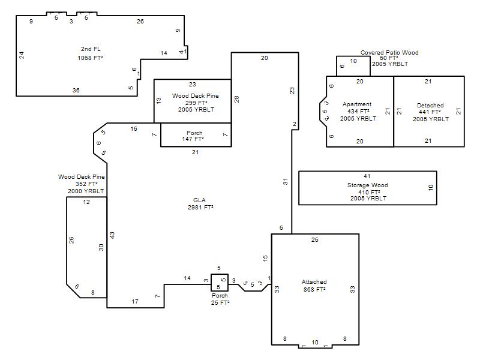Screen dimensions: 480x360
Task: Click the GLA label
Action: point(199,200)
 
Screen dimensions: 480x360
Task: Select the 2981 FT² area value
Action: point(200,207)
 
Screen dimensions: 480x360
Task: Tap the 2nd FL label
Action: point(91,49)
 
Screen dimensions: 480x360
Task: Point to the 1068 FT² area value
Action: point(90,58)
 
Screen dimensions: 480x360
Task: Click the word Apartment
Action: point(357,104)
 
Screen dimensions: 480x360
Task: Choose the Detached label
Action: point(430,106)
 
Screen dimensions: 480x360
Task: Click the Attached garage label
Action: point(314,281)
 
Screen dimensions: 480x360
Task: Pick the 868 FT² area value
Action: point(314,289)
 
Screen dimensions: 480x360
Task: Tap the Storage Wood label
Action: point(368,185)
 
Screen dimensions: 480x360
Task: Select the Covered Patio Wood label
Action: point(389,53)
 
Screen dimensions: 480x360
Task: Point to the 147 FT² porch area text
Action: point(193,139)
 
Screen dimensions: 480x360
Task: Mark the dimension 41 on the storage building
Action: point(367,176)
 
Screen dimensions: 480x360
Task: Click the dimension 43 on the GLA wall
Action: point(112,235)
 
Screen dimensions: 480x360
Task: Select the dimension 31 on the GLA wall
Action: point(286,182)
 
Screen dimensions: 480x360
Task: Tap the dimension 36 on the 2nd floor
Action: point(76,91)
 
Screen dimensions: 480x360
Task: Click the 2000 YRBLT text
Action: point(86,191)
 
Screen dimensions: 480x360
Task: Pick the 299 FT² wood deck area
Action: point(196,103)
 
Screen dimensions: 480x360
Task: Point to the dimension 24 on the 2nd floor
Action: point(22,55)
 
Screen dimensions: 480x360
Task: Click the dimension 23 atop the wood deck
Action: point(192,84)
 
